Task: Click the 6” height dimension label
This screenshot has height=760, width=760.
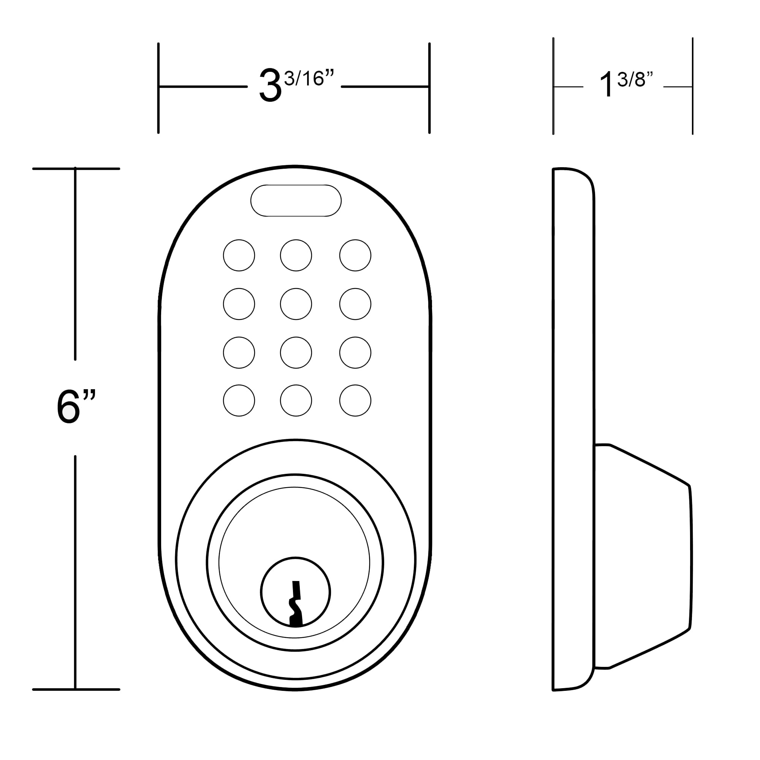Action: click(76, 407)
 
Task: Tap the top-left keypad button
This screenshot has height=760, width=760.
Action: click(239, 255)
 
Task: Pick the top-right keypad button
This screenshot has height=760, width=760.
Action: click(355, 255)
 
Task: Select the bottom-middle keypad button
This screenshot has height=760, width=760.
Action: click(296, 401)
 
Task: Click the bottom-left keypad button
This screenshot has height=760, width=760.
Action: click(239, 401)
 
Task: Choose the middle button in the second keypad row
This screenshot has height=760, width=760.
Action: click(296, 304)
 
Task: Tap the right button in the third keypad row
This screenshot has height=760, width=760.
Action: click(355, 353)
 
